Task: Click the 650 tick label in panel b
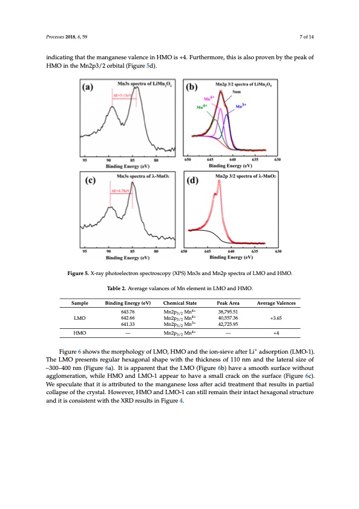(188, 160)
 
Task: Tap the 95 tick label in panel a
(85, 160)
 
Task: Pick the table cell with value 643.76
(123, 311)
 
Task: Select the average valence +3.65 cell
(284, 317)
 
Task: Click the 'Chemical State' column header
(180, 301)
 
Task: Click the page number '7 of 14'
(306, 37)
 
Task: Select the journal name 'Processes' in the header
(56, 37)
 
